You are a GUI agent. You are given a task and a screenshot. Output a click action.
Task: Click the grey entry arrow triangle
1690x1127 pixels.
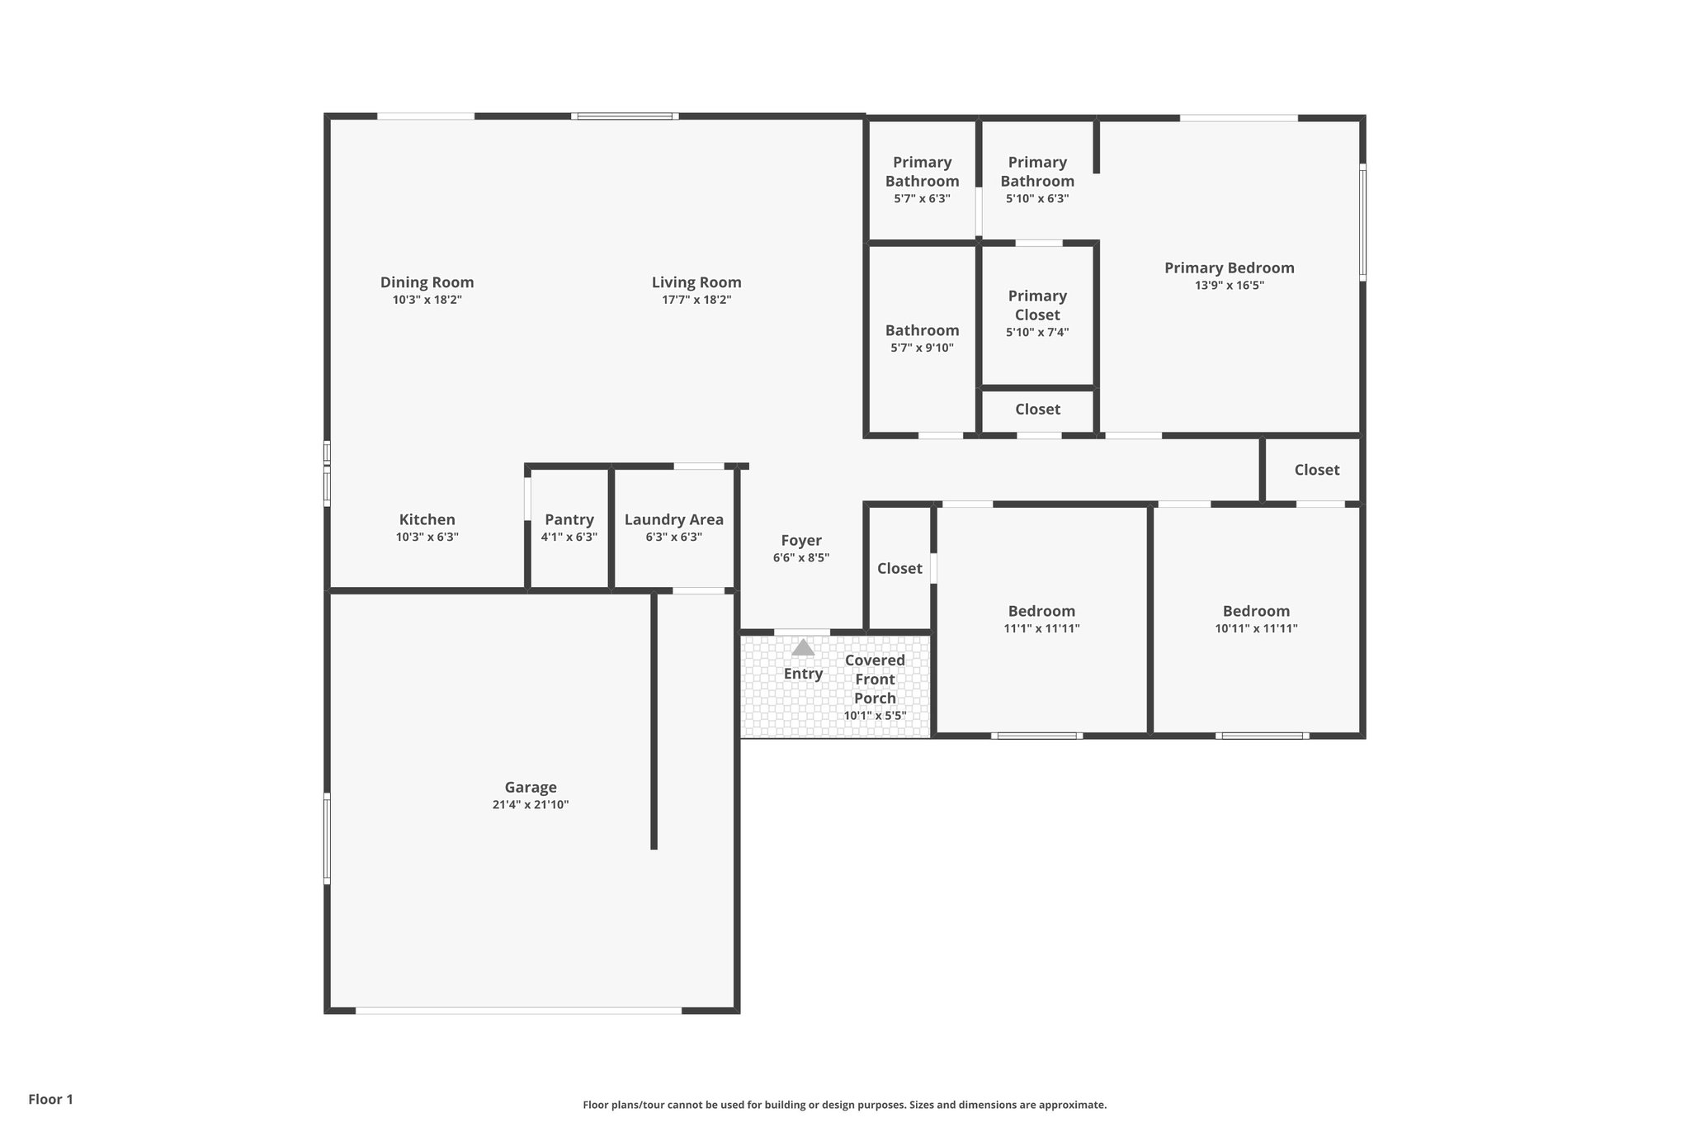tap(803, 648)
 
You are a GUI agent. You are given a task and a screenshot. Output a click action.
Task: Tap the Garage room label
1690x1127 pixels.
tap(531, 787)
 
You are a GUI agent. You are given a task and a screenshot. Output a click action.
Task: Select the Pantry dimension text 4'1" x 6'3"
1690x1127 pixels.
tap(569, 537)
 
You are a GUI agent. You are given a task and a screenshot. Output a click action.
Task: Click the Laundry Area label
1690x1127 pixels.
tap(673, 519)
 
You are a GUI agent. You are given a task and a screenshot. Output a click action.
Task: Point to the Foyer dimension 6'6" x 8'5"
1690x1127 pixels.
tap(801, 558)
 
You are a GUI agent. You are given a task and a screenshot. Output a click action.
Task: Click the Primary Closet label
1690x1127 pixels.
tap(1037, 305)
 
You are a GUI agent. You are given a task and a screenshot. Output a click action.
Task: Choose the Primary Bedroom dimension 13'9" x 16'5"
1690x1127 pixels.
tap(1229, 286)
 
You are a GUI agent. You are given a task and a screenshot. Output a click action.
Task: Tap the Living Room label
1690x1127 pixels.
tap(696, 282)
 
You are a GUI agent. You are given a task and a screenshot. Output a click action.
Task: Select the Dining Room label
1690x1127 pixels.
tap(427, 282)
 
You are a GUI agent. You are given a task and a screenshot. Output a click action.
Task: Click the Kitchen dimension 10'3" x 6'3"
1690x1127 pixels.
tap(427, 537)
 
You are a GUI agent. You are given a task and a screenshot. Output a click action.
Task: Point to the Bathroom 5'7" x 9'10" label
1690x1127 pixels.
tap(922, 330)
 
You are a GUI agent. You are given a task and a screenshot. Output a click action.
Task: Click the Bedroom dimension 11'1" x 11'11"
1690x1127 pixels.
tap(1041, 628)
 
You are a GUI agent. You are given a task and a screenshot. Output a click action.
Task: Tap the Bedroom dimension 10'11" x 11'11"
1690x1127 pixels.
tap(1256, 628)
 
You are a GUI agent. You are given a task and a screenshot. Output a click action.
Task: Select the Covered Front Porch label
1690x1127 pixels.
tap(875, 679)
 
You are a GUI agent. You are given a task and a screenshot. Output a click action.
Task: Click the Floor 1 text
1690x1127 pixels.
tap(51, 1099)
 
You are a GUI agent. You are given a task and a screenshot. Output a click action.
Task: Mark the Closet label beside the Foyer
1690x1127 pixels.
tap(899, 568)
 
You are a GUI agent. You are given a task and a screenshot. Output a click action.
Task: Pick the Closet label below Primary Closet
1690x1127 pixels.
tap(1037, 410)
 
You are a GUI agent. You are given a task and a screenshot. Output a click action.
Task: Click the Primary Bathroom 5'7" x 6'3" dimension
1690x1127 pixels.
tap(922, 199)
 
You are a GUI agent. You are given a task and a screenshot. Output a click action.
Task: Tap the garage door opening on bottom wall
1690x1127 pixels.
tap(518, 1010)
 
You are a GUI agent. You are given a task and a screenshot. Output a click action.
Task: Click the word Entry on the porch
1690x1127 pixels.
tap(803, 674)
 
